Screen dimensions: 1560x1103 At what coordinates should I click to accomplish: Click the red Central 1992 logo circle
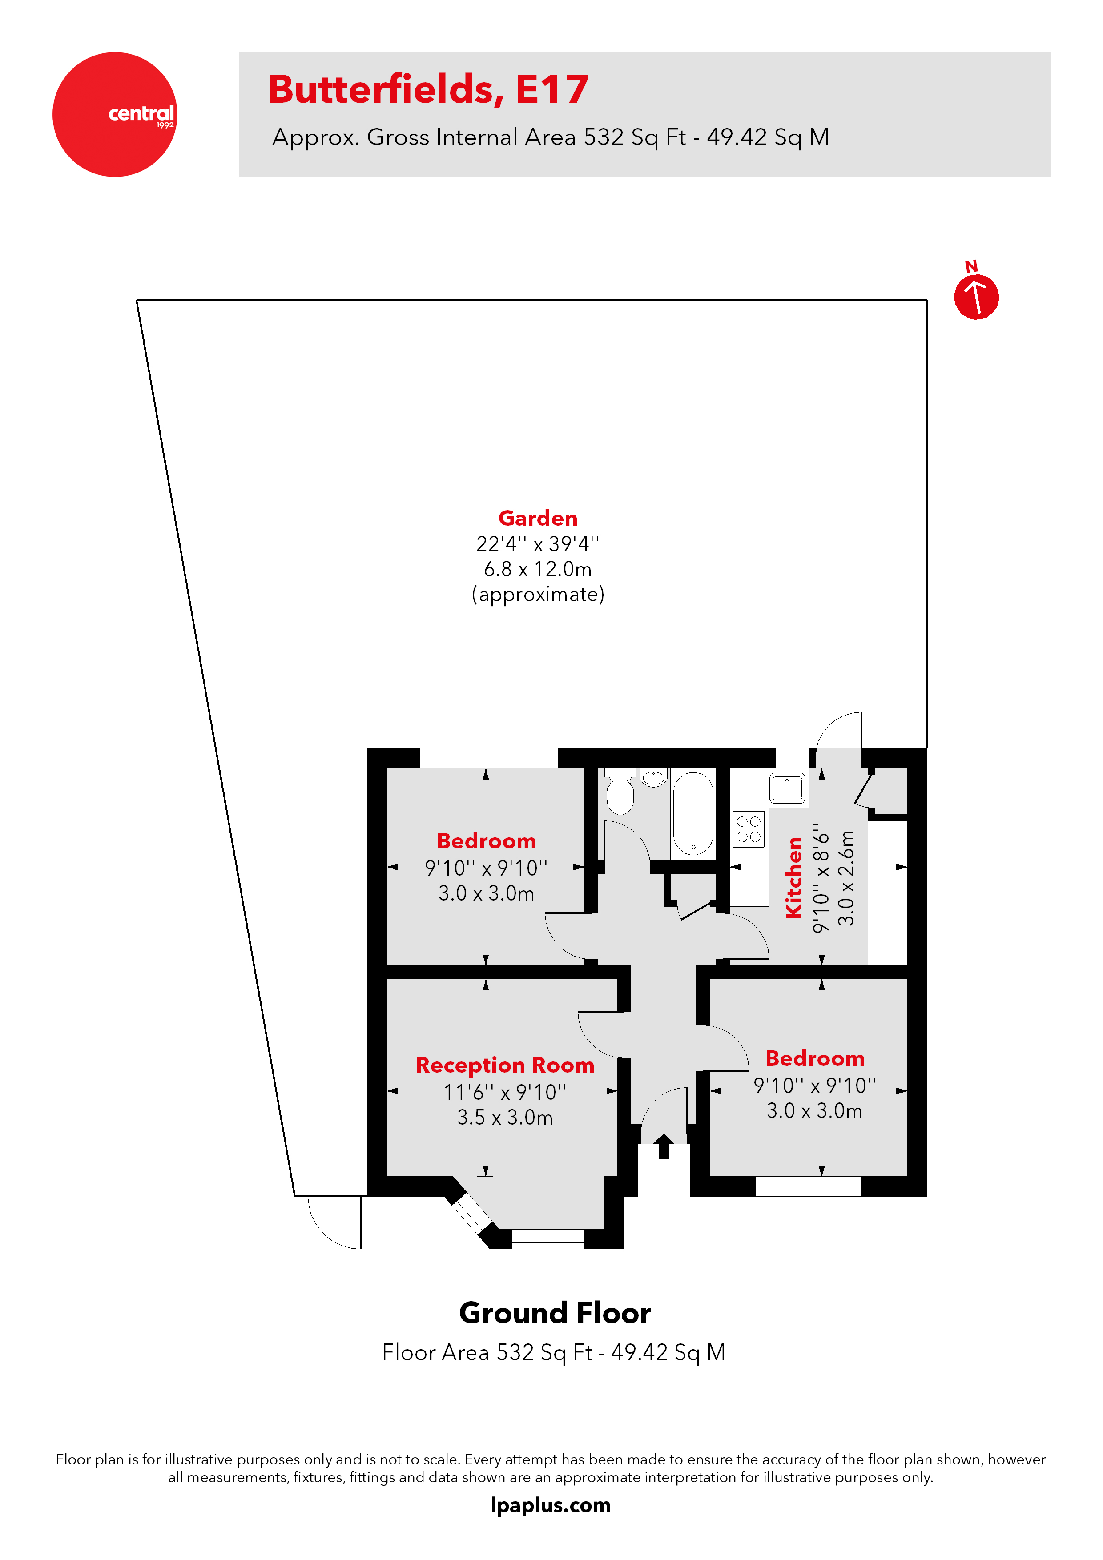115,114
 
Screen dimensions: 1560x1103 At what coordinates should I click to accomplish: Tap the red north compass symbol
976,296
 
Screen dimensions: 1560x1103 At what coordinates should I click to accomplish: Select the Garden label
538,519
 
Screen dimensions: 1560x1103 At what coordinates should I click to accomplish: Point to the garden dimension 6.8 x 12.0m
538,569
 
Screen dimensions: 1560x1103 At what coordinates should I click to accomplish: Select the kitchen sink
787,788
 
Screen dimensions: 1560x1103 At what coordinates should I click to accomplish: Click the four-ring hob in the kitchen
748,829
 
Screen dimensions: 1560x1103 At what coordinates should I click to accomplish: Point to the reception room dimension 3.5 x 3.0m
505,1118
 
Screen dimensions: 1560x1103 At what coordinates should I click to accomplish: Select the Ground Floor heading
555,1313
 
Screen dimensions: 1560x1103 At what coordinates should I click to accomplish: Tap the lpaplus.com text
551,1505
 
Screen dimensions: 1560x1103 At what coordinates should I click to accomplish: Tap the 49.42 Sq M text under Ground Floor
668,1352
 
